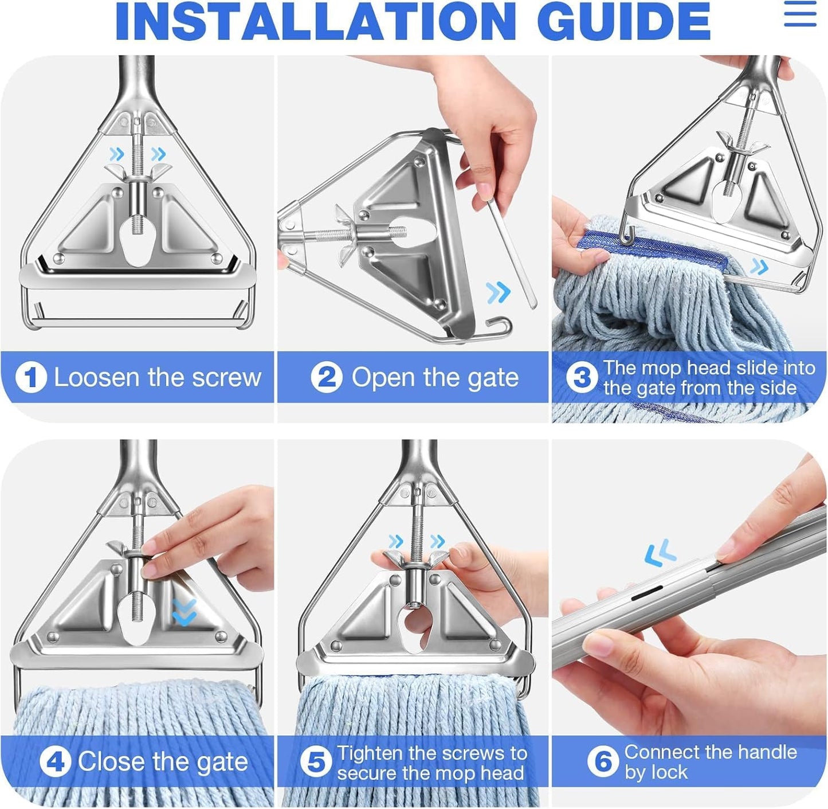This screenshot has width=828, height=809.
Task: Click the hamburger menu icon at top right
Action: pyautogui.click(x=800, y=14)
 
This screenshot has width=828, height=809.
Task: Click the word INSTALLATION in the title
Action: pyautogui.click(x=315, y=22)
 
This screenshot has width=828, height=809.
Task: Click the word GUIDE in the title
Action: pyautogui.click(x=624, y=22)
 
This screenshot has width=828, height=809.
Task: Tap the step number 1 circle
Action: pyautogui.click(x=31, y=378)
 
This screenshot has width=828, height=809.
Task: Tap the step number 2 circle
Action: pyautogui.click(x=327, y=378)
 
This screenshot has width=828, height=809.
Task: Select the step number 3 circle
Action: pyautogui.click(x=582, y=378)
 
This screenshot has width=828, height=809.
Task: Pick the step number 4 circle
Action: pyautogui.click(x=55, y=762)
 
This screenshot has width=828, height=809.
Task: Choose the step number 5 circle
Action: pyautogui.click(x=316, y=763)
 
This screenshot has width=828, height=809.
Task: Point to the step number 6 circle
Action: pyautogui.click(x=603, y=762)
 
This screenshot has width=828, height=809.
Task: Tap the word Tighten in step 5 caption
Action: pyautogui.click(x=370, y=753)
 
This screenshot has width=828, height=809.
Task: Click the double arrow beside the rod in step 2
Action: pyautogui.click(x=498, y=292)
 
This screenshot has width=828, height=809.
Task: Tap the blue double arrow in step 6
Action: pyautogui.click(x=660, y=553)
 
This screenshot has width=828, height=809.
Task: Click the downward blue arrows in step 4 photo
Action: pyautogui.click(x=184, y=612)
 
